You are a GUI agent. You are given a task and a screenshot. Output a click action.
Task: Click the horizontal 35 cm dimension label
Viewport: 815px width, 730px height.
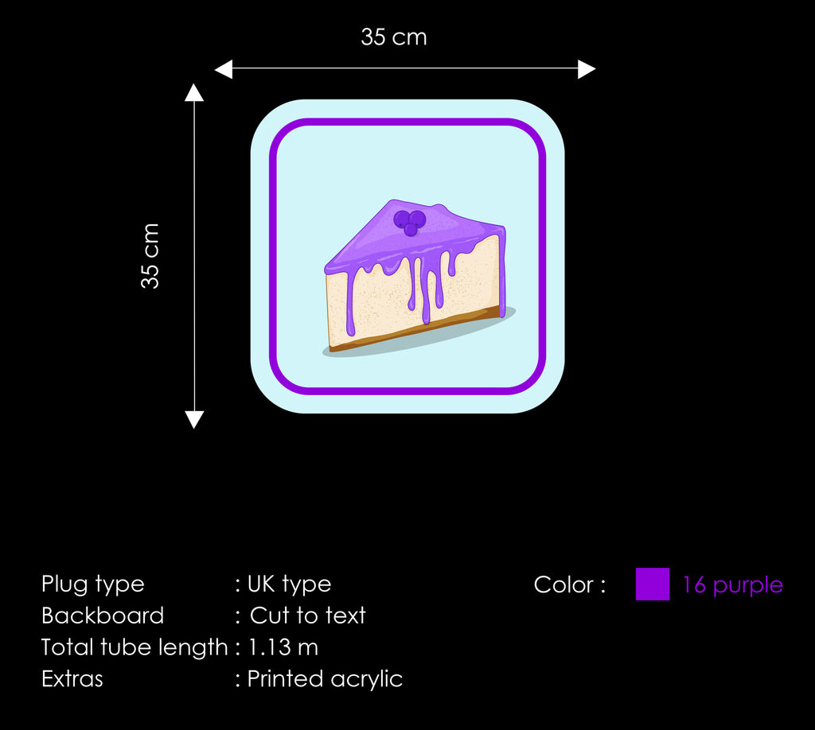coord(393,37)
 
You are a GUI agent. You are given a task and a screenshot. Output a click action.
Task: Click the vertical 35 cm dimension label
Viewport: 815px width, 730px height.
coord(150,256)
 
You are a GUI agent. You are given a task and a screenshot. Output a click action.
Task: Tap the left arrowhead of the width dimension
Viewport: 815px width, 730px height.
coord(224,69)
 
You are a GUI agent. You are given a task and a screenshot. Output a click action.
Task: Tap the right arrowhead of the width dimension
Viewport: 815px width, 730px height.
coord(587,69)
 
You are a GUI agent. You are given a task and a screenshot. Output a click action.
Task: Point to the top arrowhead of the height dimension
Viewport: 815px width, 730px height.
coord(194,92)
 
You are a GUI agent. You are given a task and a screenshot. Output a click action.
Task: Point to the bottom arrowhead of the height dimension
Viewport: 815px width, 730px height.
coord(194,420)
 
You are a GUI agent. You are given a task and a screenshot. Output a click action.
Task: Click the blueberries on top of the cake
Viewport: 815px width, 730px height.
coord(410,222)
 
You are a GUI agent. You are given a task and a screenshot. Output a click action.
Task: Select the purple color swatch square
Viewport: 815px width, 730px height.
coord(653,584)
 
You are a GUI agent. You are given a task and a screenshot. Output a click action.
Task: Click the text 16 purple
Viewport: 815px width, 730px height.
coord(732,585)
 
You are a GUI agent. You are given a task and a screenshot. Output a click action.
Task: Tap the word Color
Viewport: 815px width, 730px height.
coord(563,584)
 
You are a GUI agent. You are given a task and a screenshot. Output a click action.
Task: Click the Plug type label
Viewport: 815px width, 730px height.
coord(92,584)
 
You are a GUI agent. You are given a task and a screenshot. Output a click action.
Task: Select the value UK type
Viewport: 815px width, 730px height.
coord(289,584)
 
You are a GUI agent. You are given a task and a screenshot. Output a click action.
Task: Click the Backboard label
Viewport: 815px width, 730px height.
coord(103,615)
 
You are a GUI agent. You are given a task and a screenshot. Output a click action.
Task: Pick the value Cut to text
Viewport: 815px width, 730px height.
coord(308,615)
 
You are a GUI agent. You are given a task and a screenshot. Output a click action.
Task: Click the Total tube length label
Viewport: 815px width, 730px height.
coord(135,647)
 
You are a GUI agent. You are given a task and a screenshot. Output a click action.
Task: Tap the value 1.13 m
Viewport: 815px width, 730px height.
coord(283,647)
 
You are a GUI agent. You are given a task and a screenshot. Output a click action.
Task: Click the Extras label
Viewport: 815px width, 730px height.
coord(72,679)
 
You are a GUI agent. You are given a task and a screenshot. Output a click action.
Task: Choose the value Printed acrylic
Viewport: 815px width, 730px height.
coord(325,679)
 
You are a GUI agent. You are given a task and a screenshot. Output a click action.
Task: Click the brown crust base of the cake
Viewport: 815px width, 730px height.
coord(415,331)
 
